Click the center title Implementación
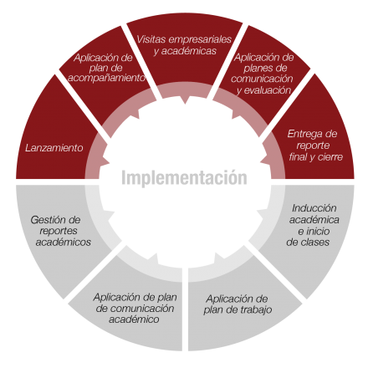184,178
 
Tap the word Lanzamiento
54,148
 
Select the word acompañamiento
106,79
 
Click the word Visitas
151,39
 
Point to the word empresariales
200,39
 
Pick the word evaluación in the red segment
268,90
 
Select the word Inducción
314,208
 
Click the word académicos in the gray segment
64,242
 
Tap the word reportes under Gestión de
59,231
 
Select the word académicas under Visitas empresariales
189,51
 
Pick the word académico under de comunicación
134,319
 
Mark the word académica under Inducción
314,220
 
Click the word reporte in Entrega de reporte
313,146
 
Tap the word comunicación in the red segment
262,79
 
